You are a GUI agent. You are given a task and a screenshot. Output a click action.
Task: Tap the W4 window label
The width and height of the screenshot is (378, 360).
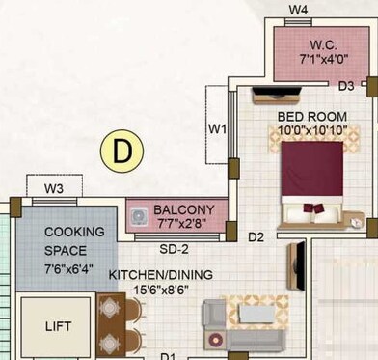[299, 11]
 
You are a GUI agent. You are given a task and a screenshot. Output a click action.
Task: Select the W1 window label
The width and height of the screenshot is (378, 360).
[217, 128]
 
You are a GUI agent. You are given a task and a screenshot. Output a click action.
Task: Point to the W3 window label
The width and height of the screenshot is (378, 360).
[54, 187]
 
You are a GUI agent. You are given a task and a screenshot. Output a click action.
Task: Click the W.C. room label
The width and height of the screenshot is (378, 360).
[323, 43]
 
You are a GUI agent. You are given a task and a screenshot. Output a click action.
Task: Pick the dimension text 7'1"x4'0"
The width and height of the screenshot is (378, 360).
[323, 60]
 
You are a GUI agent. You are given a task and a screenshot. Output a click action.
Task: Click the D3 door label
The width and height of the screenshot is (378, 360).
[345, 86]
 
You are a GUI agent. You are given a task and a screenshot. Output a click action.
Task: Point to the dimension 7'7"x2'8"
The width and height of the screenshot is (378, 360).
[183, 224]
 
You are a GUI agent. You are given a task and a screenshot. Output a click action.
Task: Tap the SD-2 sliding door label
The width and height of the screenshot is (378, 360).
[173, 248]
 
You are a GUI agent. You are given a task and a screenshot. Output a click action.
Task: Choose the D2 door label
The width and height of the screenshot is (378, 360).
[256, 236]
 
